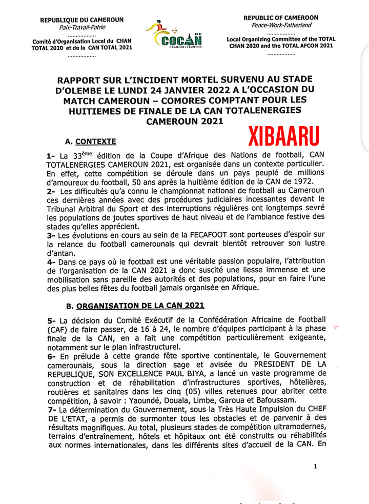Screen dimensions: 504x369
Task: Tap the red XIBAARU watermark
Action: tap(284, 136)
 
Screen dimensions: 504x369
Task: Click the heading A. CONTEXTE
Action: tap(91, 141)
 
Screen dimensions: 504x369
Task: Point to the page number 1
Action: tap(316, 466)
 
